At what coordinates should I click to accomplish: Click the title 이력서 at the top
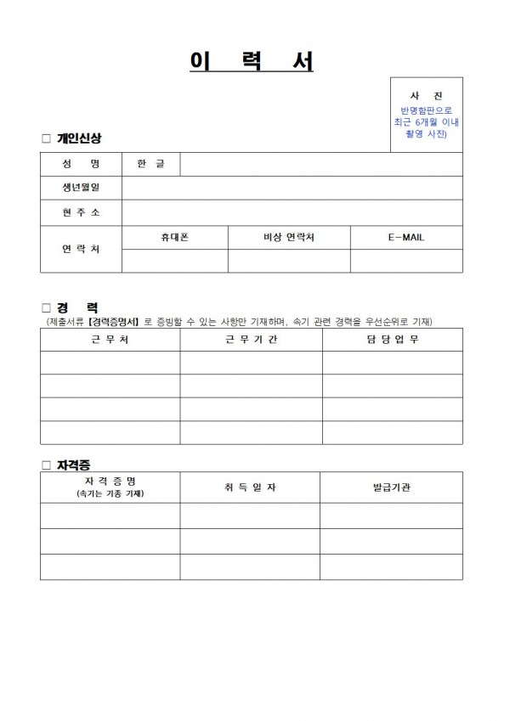point(254,62)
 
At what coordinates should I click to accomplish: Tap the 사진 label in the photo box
point(426,96)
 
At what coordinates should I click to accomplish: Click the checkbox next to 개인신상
point(46,138)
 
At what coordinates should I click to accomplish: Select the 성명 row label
point(81,164)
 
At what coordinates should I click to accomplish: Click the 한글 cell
point(150,164)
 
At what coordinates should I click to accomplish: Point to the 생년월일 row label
point(81,188)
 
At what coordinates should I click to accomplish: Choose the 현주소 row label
point(81,213)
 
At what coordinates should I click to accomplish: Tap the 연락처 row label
point(81,250)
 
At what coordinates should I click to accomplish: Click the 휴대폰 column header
point(174,238)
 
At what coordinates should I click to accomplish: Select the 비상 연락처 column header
point(289,238)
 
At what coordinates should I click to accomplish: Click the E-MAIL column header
point(405,238)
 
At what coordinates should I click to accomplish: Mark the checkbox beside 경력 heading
point(46,307)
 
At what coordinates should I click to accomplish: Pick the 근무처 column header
point(110,340)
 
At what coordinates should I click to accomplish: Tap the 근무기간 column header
point(251,340)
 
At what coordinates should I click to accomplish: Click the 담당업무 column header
point(392,340)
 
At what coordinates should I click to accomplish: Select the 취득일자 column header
point(251,487)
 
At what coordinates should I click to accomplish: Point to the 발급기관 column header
point(392,487)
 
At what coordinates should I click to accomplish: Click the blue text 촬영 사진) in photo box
point(426,134)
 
